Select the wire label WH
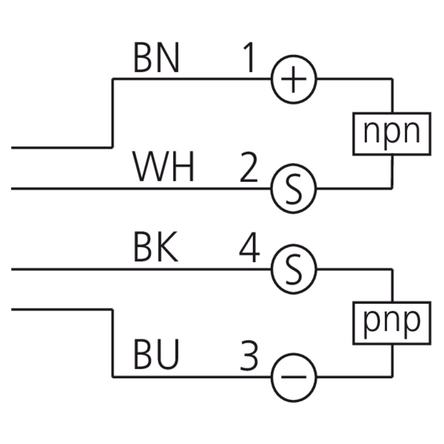tap(164, 169)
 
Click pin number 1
tap(249, 58)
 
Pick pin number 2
tap(249, 169)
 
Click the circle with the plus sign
tap(294, 79)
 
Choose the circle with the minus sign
tap(294, 377)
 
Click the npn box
tap(391, 133)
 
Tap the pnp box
tap(391, 323)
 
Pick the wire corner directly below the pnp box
tap(391, 377)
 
